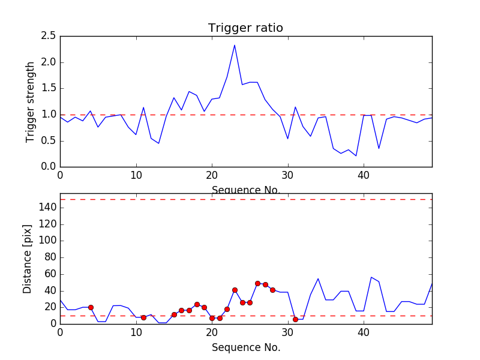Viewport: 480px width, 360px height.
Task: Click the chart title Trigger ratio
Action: coord(245,28)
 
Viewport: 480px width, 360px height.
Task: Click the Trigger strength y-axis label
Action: coord(31,101)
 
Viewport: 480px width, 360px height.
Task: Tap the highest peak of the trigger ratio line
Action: coord(235,45)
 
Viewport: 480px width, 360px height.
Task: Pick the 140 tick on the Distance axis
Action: coord(47,208)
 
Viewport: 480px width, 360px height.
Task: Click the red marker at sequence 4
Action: coord(91,307)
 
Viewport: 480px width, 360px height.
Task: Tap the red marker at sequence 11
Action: coord(143,317)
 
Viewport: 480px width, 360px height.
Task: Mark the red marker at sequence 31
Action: coord(295,319)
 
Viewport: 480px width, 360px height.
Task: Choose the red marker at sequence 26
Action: coord(257,283)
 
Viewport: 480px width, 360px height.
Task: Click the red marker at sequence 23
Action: coord(235,290)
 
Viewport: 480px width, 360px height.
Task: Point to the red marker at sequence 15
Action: coord(174,314)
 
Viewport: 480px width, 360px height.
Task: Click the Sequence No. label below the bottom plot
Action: coord(245,347)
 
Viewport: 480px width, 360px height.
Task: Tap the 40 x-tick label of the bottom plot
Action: coord(364,332)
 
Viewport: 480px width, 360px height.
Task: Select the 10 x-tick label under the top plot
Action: coord(136,176)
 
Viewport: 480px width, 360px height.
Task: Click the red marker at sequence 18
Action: coord(197,304)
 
